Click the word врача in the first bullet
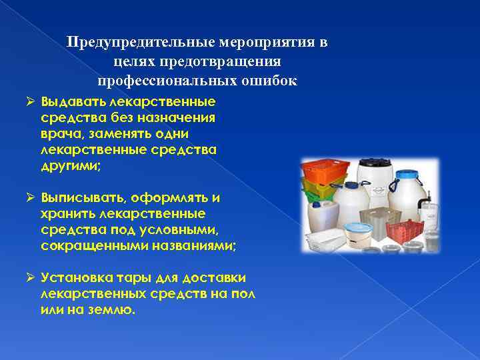[x=62, y=135]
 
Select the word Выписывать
[x=82, y=199]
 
